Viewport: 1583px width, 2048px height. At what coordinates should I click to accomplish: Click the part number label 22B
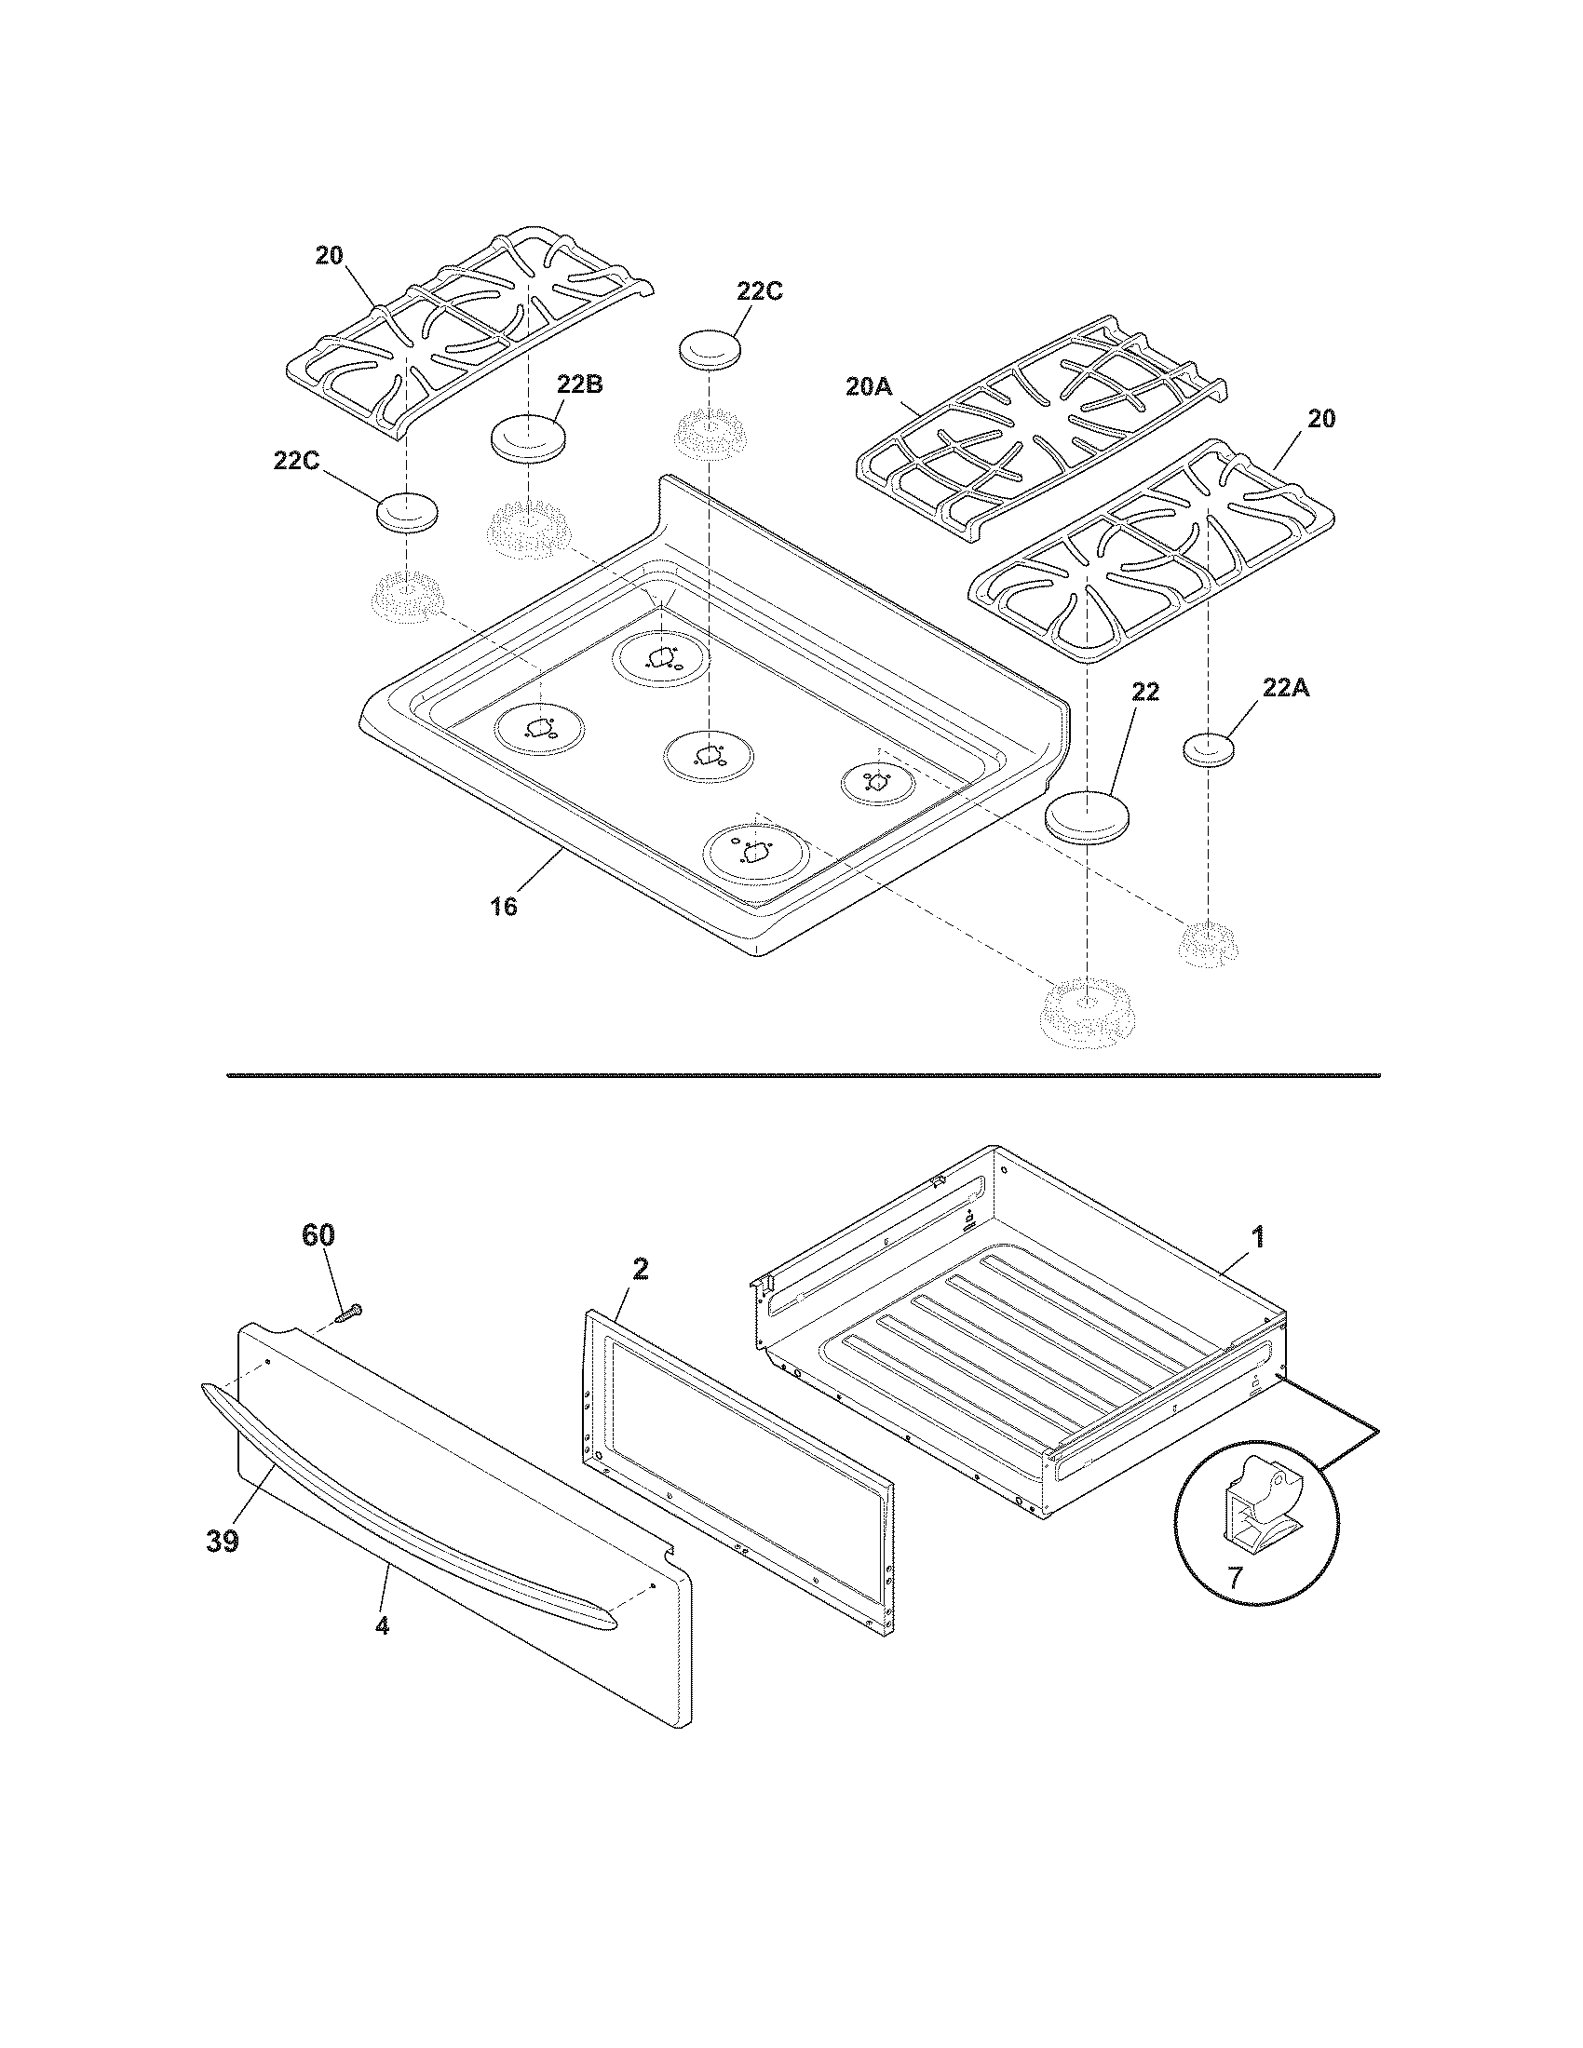tap(578, 384)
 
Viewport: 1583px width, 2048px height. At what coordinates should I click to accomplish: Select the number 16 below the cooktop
tap(504, 907)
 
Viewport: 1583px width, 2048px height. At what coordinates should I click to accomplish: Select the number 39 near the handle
tap(223, 1541)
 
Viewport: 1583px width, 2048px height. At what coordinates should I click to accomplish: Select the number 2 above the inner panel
tap(640, 1269)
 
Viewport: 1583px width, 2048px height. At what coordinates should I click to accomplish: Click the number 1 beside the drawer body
tap(1258, 1238)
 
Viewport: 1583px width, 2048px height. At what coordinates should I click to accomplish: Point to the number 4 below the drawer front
tap(382, 1625)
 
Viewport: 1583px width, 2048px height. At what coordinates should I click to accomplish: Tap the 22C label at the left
tap(297, 463)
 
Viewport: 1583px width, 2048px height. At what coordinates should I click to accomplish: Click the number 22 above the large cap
tap(1145, 692)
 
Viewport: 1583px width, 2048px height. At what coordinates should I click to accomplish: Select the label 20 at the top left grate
tap(328, 255)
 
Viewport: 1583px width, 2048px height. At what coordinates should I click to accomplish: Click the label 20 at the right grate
tap(1320, 418)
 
